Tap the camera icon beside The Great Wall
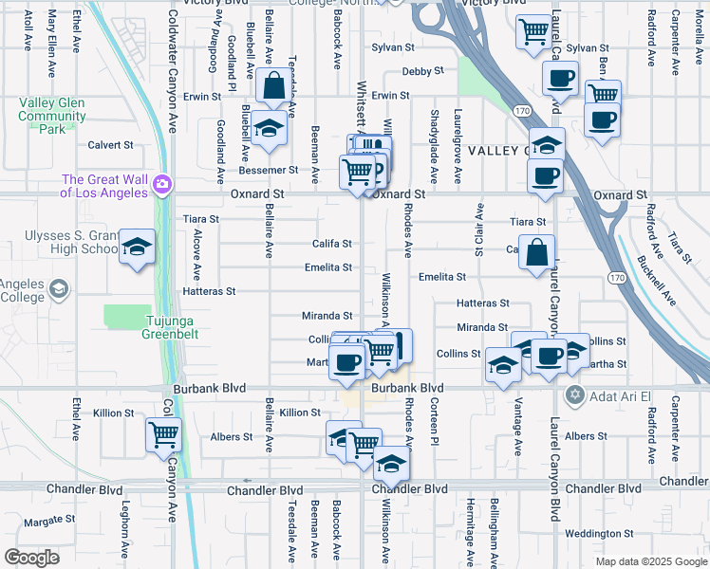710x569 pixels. [163, 182]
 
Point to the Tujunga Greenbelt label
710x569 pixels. [148, 327]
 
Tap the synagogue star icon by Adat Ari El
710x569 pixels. [573, 394]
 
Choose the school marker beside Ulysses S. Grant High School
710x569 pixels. [138, 248]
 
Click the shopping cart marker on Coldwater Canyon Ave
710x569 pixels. [164, 435]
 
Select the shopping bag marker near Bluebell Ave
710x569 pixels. [273, 86]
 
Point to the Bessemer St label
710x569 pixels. [273, 170]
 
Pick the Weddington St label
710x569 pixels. [598, 534]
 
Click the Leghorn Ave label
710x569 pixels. [124, 535]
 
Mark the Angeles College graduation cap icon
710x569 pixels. [59, 288]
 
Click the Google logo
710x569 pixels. [31, 558]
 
